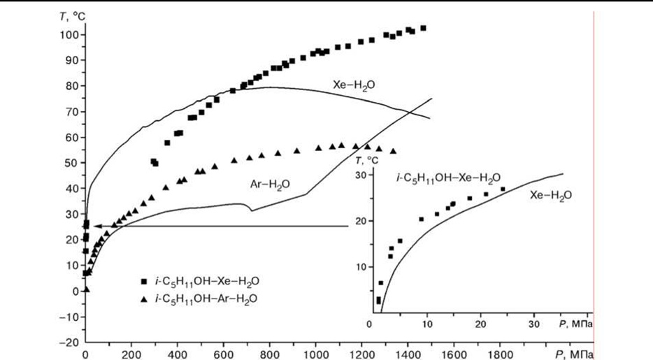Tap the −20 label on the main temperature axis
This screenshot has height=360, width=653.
click(69, 343)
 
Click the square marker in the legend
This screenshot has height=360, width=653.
click(144, 281)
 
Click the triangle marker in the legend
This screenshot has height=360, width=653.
click(144, 298)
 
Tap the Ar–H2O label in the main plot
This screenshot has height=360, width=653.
click(270, 185)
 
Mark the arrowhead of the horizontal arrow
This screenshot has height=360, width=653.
click(96, 226)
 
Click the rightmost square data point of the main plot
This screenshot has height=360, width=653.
click(423, 29)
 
